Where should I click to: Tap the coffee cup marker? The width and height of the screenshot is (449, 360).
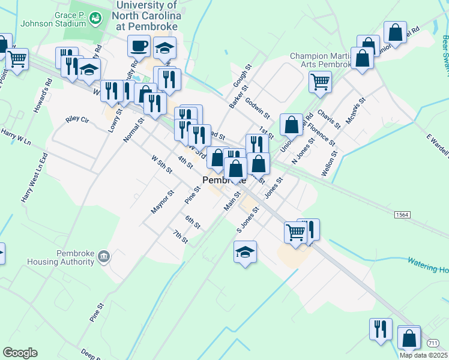(139, 46)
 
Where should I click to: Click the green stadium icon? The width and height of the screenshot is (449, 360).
(95, 20)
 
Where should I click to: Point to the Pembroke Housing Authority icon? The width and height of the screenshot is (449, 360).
(104, 257)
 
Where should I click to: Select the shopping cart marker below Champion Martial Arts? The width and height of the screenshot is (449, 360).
(320, 81)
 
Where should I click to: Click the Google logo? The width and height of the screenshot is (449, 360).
(20, 352)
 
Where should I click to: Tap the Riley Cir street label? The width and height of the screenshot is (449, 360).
(76, 120)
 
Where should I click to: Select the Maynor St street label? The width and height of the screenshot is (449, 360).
(162, 202)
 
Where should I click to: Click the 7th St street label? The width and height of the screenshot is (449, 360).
(180, 236)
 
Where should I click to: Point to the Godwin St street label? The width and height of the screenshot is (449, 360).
(259, 108)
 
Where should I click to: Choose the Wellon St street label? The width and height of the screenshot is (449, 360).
(330, 163)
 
